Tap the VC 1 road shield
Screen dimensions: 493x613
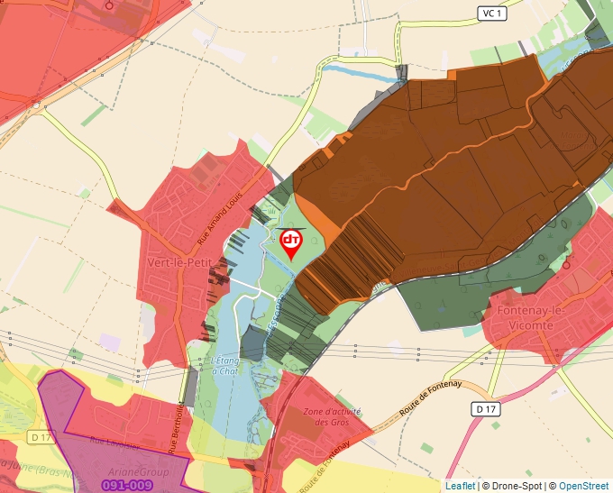click(489, 13)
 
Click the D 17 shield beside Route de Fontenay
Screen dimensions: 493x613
click(485, 409)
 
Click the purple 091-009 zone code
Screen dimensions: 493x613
click(126, 485)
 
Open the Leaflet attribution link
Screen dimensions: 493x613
click(460, 486)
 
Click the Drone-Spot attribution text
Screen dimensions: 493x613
click(515, 486)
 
